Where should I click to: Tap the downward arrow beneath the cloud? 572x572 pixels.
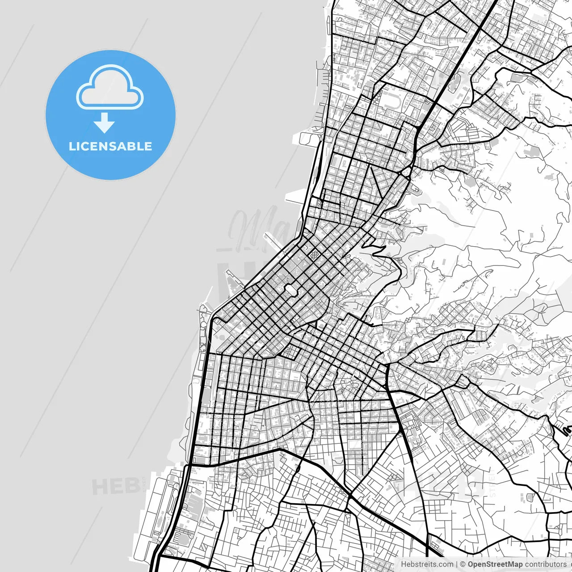[x=104, y=123]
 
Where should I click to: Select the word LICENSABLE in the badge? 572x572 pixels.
[x=110, y=146]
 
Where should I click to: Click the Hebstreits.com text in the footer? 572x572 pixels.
[x=427, y=564]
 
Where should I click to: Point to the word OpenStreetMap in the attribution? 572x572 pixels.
[x=495, y=564]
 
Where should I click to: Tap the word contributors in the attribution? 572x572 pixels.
[x=545, y=564]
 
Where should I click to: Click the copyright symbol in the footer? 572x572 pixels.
[x=463, y=564]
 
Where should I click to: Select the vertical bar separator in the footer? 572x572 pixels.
[x=456, y=564]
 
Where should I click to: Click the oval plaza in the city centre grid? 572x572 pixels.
[x=291, y=290]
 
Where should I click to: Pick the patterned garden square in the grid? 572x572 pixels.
[x=315, y=255]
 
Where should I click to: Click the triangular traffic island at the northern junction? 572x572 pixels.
[x=408, y=172]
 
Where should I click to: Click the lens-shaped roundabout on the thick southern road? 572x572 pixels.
[x=298, y=469]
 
